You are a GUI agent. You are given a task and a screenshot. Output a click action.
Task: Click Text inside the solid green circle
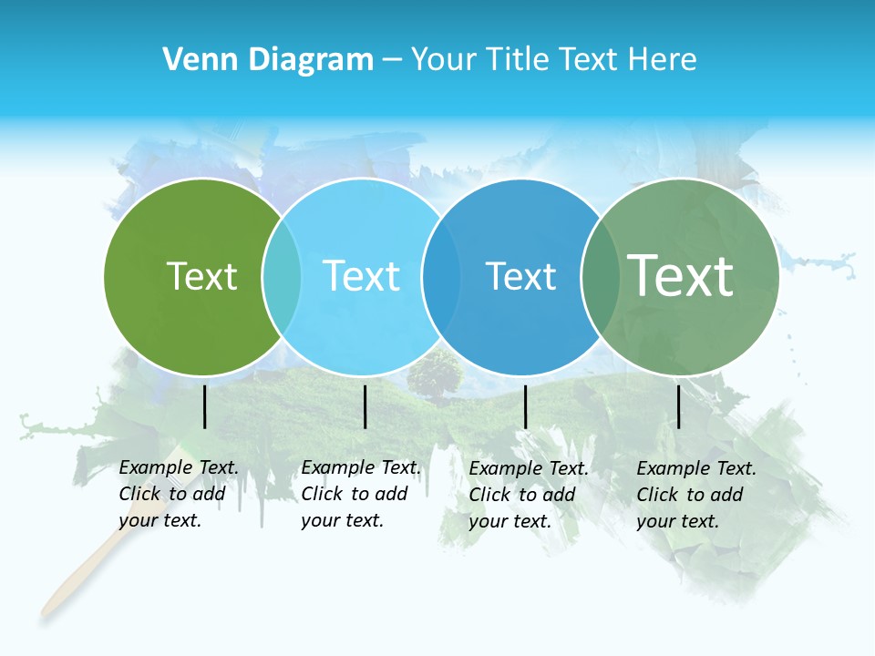coord(201,276)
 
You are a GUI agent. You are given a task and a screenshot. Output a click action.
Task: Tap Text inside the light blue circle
coord(362,276)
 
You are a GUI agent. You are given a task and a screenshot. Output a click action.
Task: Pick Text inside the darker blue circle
coord(520,276)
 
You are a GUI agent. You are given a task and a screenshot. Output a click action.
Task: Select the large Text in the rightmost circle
coord(681,275)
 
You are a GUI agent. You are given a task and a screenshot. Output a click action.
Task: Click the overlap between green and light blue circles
coord(282,277)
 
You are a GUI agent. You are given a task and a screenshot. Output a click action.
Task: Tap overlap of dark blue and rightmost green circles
coord(600,277)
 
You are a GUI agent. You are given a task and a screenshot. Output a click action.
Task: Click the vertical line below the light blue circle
coord(365,406)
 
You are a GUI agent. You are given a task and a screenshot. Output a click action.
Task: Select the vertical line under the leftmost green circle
coord(205,406)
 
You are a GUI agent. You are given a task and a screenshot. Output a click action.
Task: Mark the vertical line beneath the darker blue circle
coord(525,406)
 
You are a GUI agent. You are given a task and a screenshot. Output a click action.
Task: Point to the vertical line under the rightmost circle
coord(679,406)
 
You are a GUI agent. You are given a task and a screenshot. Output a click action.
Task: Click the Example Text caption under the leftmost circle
coord(178,494)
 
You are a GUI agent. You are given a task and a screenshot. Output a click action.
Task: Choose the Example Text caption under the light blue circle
coord(360,494)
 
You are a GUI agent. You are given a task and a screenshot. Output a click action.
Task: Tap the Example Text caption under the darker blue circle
coord(528,495)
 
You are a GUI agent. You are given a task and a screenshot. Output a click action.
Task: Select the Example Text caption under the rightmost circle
coord(695,495)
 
